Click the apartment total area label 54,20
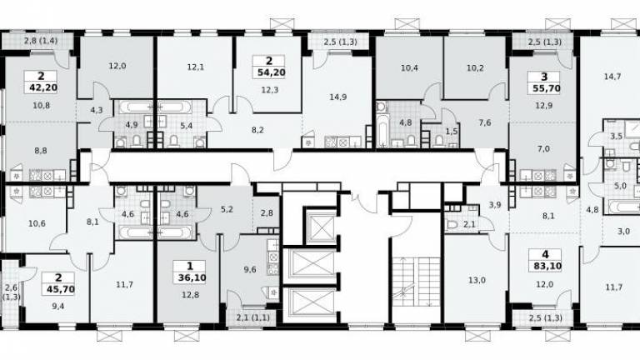272,72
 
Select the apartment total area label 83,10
547,267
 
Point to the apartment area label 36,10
192,278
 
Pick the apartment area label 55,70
547,88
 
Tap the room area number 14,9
338,97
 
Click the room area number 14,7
612,77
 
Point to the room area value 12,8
190,295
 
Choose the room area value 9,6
250,270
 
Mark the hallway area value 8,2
257,130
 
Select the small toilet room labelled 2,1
466,224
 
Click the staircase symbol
417,281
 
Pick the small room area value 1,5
452,131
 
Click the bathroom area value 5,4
186,126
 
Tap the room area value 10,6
37,223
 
